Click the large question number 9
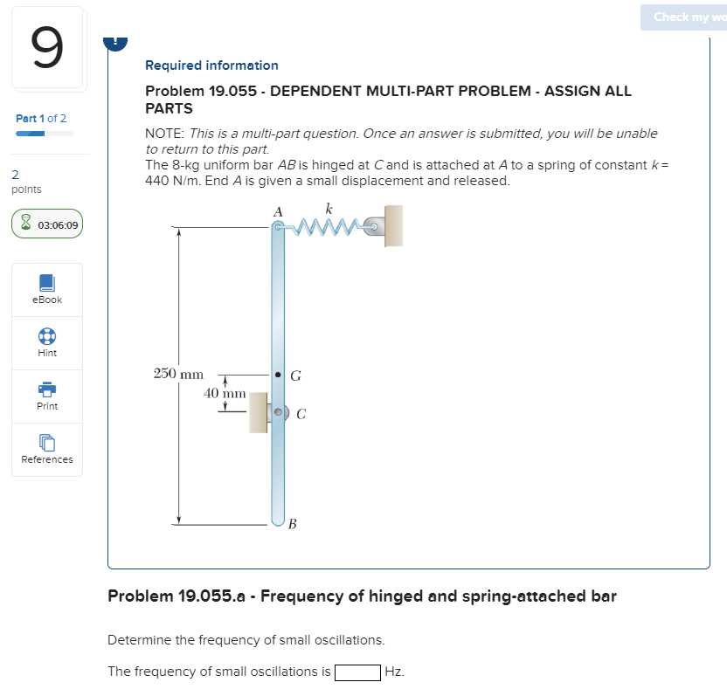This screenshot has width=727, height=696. point(48,49)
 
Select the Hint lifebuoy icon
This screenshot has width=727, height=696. point(47,337)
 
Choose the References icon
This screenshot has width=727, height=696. point(47,444)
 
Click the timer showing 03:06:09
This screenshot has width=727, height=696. point(48,224)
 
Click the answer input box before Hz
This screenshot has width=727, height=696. point(357,672)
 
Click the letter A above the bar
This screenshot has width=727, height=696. point(278,211)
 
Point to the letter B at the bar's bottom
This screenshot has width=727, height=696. point(293,524)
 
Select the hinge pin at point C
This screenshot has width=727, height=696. point(279,411)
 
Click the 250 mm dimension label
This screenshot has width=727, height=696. point(178,374)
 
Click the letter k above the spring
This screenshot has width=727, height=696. point(329,209)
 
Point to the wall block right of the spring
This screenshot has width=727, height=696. point(393,226)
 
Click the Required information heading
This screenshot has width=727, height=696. point(211,65)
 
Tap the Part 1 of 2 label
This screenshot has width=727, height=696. point(41,118)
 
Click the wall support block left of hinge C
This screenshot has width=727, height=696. point(259,412)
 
